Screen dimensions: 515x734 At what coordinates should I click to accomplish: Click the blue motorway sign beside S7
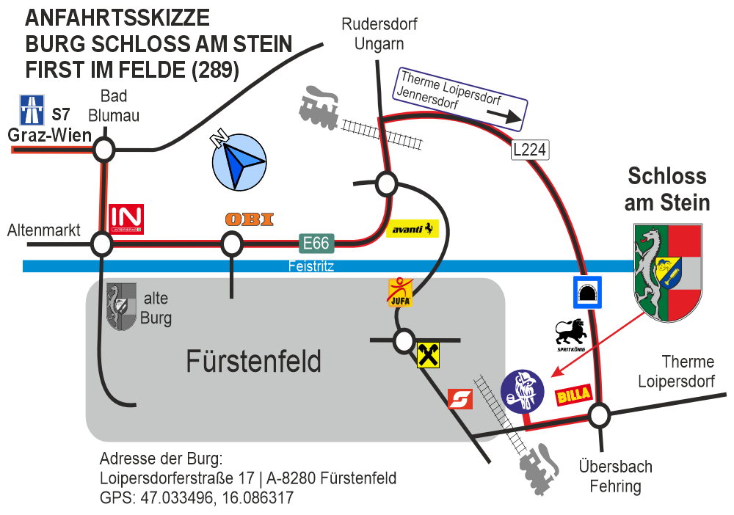pos(32,110)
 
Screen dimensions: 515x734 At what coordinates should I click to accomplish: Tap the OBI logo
pos(250,219)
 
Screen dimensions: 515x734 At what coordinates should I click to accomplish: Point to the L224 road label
pos(530,150)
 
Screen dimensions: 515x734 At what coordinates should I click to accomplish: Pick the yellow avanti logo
pos(412,229)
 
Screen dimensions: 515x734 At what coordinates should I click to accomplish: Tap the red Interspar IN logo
pos(126,219)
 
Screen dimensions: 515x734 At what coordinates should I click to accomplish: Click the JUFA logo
pos(400,291)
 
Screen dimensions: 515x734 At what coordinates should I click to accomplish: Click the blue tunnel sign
pos(587,293)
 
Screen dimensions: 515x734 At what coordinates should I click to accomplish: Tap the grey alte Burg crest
pos(121,307)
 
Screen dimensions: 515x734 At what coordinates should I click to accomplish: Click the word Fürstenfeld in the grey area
pos(253,362)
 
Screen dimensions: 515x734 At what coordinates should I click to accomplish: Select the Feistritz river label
pos(310,266)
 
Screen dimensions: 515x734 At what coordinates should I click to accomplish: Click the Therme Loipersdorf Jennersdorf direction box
pos(462,98)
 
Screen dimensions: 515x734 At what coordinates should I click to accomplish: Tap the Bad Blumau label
pos(114,106)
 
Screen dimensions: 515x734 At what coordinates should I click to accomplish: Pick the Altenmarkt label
pos(43,230)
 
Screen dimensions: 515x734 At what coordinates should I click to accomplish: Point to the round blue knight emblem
pos(523,390)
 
